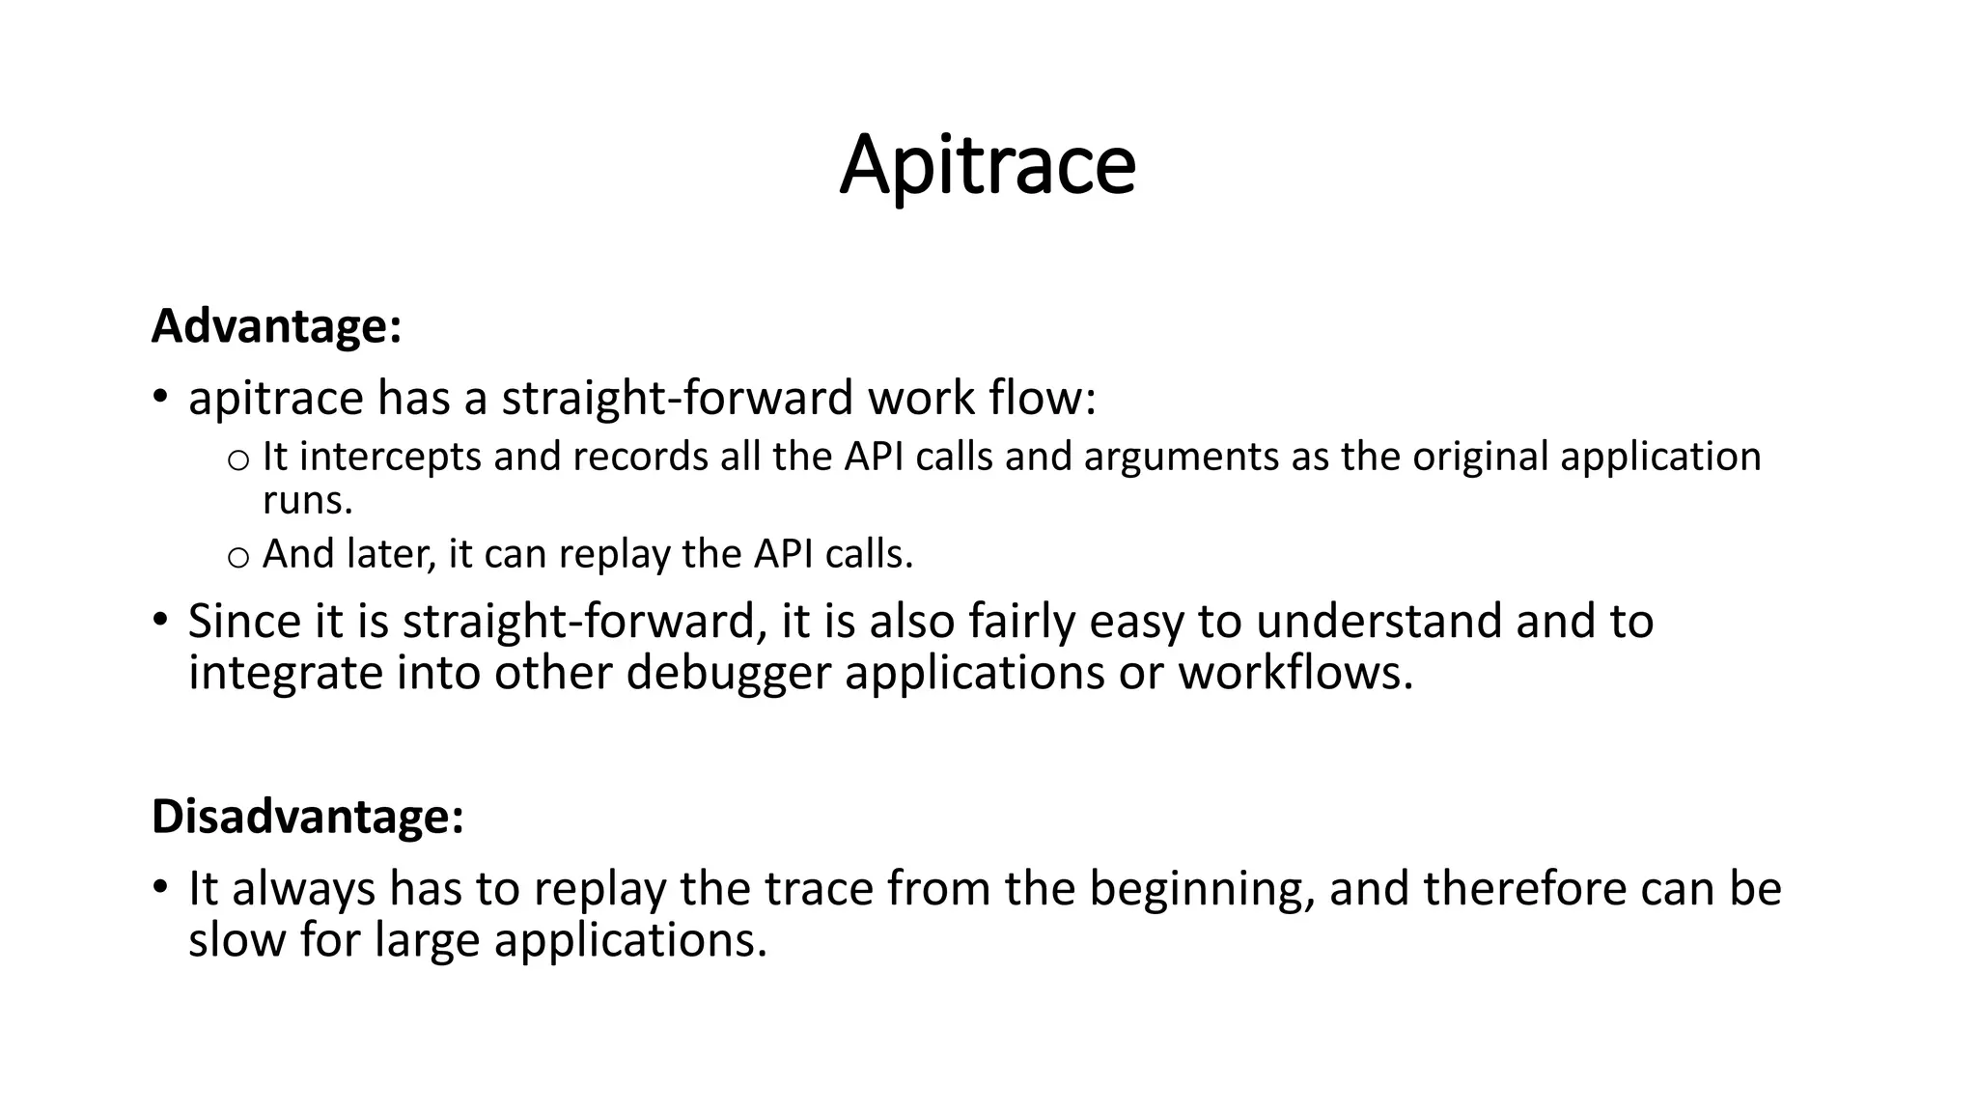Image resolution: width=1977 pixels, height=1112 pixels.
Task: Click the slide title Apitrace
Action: click(x=988, y=166)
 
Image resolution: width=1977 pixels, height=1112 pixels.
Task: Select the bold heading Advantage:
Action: click(x=276, y=326)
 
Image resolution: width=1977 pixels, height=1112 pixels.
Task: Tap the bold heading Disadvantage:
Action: click(x=308, y=817)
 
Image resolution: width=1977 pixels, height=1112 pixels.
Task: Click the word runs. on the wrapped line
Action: click(x=308, y=501)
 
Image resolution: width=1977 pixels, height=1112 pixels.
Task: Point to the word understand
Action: click(x=1378, y=621)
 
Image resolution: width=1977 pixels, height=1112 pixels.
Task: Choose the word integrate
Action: click(x=285, y=672)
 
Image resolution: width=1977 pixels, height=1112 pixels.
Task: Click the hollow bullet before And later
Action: click(x=237, y=557)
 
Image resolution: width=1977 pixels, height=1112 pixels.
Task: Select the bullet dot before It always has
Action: click(x=160, y=885)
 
